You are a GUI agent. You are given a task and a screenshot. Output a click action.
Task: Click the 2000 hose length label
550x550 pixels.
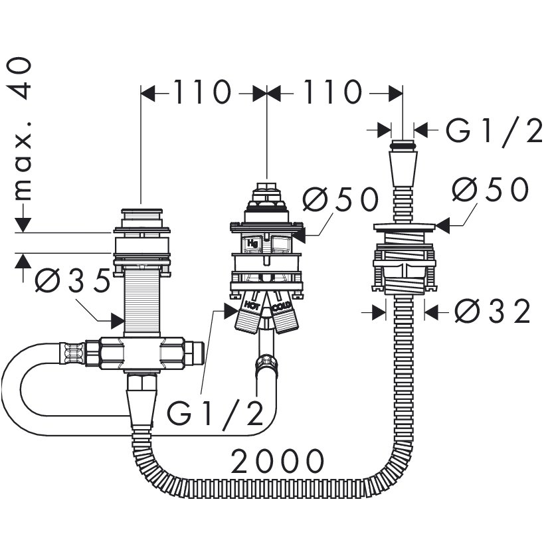(x=278, y=461)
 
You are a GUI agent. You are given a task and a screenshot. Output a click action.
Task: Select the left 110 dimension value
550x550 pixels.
(x=203, y=92)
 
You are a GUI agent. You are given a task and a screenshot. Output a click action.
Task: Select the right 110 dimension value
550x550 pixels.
(x=332, y=92)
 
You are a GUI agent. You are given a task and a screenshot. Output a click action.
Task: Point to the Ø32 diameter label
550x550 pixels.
(x=492, y=312)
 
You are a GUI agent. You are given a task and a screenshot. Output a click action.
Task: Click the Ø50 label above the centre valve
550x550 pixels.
(x=341, y=199)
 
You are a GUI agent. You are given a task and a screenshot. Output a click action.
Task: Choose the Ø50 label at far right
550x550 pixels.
(x=490, y=189)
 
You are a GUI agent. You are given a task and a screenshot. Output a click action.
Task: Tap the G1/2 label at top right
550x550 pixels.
(x=494, y=130)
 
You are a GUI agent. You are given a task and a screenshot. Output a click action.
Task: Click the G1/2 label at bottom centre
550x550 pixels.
(x=215, y=413)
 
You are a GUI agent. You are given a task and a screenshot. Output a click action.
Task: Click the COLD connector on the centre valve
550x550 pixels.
(x=284, y=315)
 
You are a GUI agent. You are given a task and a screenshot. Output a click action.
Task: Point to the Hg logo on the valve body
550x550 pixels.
(x=252, y=243)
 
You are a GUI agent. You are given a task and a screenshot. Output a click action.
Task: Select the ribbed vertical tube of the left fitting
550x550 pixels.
(x=142, y=302)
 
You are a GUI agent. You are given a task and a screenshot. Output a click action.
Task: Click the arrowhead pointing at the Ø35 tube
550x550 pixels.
(x=118, y=321)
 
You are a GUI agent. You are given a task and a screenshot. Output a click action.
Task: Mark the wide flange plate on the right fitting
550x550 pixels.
(x=404, y=227)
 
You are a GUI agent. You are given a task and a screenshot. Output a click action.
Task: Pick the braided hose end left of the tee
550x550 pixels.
(x=72, y=353)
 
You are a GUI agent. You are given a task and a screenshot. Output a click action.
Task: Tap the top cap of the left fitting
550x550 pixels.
(x=142, y=218)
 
